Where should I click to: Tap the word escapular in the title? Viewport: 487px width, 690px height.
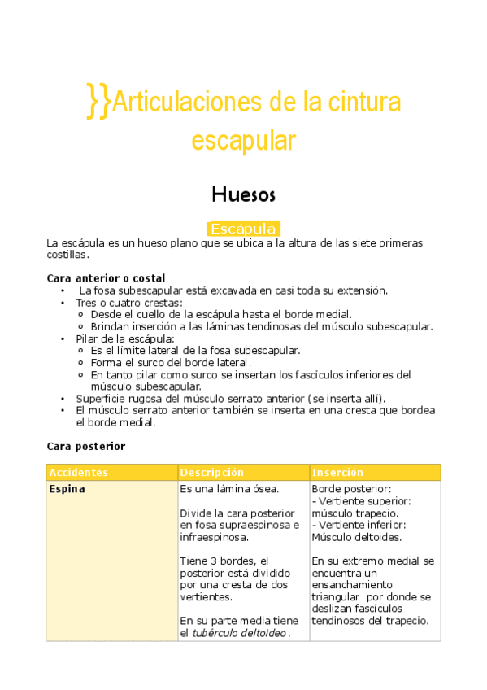(x=243, y=140)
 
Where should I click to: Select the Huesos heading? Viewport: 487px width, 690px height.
(x=243, y=195)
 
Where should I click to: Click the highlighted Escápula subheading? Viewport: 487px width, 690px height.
(x=243, y=229)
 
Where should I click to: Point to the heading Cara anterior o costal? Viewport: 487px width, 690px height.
(x=106, y=278)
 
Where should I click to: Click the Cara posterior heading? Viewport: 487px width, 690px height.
(x=86, y=447)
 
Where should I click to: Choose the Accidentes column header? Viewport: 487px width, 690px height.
(x=79, y=473)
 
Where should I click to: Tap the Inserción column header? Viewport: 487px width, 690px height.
(x=337, y=473)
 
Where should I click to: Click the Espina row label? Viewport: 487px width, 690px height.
(x=67, y=490)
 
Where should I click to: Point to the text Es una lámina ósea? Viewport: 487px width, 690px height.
(x=229, y=490)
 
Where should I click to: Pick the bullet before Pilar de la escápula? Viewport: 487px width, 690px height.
(x=63, y=338)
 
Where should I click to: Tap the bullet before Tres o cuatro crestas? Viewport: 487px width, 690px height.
(x=63, y=303)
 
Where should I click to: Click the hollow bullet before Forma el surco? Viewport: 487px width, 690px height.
(x=81, y=363)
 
